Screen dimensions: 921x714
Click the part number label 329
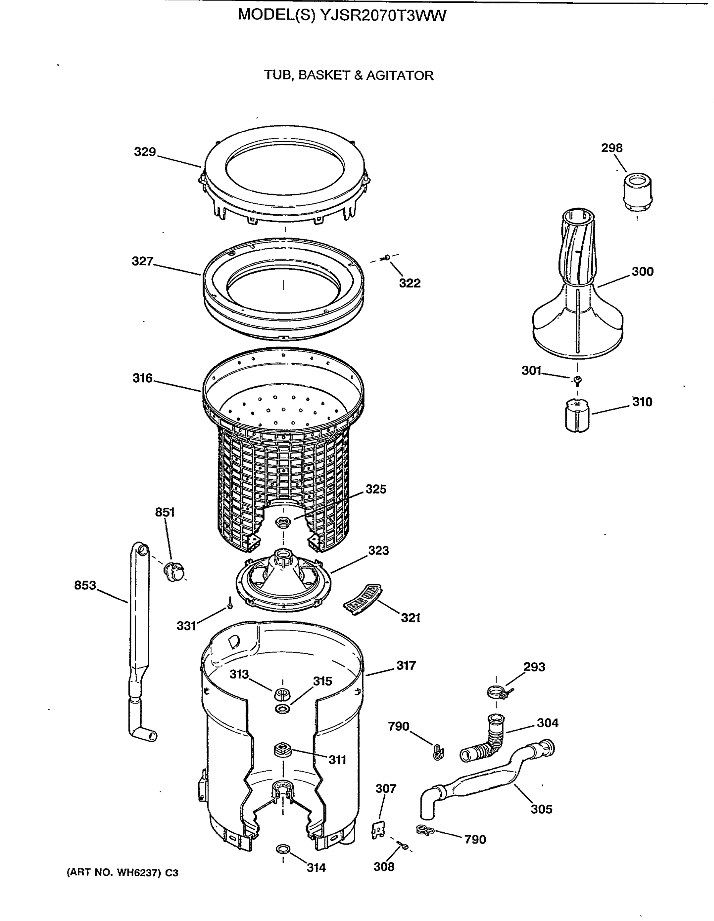(x=145, y=152)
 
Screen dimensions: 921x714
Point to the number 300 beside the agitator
(x=642, y=272)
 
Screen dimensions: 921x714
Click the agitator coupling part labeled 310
(x=578, y=415)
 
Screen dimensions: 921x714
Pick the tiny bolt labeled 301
(x=578, y=380)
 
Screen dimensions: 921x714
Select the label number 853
(x=85, y=585)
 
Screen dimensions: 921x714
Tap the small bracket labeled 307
(x=378, y=830)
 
